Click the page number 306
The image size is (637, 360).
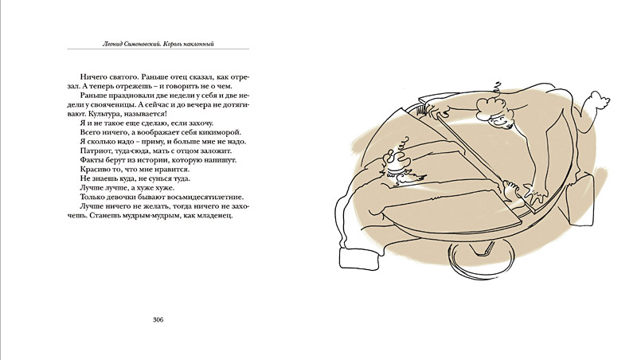pos(158,319)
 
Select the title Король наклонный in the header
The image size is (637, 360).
pos(188,44)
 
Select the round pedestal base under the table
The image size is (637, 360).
pos(482,260)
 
